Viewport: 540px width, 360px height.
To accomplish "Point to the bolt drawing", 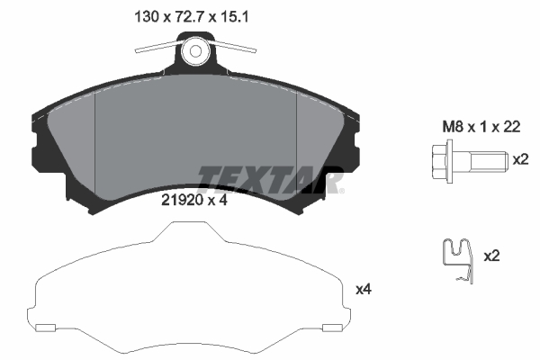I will (467, 163).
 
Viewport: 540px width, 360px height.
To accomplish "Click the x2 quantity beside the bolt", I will (519, 160).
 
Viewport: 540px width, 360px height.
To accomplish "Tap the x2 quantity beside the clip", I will (491, 256).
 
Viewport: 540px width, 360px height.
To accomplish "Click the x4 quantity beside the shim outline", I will (364, 289).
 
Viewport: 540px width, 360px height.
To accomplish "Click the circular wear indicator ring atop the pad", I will (196, 53).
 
